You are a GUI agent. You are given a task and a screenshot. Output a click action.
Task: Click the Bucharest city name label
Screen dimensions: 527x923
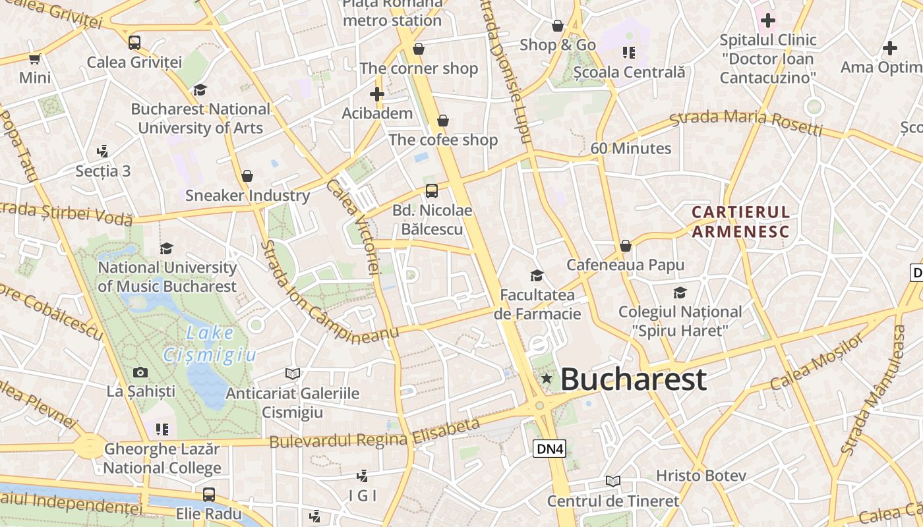tap(633, 379)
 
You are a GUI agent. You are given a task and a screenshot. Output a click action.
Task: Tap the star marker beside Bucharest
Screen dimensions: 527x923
tap(547, 378)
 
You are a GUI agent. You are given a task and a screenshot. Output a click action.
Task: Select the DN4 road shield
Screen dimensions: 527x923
tap(549, 449)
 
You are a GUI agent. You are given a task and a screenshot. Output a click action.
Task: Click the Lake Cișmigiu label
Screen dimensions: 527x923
tap(210, 344)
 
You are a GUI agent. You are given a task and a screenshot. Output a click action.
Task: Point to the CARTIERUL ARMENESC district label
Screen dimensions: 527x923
tap(740, 221)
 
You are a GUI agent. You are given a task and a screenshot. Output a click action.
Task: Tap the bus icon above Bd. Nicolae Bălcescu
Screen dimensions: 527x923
tap(432, 191)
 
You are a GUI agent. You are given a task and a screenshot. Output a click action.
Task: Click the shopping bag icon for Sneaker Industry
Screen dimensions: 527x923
tap(247, 176)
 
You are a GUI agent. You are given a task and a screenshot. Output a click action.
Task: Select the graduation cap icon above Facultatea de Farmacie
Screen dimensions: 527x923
tap(537, 275)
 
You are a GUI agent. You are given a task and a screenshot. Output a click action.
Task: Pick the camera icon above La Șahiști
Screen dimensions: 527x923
tap(140, 373)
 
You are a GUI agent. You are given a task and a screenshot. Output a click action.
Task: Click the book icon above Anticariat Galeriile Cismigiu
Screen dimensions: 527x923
tap(293, 374)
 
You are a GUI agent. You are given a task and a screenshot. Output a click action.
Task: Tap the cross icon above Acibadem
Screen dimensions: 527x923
tap(377, 95)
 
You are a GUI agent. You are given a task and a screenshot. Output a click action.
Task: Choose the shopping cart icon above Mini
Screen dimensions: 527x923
tap(35, 59)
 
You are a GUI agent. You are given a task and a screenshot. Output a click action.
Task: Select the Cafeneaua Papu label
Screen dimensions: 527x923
tap(626, 265)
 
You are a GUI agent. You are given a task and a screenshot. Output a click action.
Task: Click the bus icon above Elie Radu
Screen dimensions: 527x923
tap(209, 494)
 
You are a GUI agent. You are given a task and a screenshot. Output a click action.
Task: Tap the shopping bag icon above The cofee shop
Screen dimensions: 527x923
tap(443, 121)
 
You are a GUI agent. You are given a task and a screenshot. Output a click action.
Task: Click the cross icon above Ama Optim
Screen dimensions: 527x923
tap(890, 48)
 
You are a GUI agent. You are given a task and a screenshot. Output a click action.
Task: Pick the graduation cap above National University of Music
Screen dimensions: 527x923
tap(167, 248)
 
